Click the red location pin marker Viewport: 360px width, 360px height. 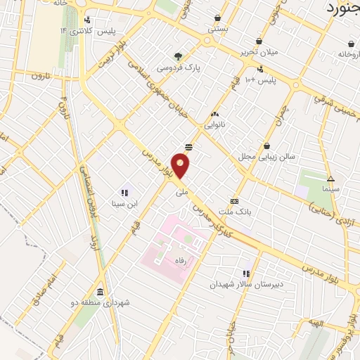pos(181,166)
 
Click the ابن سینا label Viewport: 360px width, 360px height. pos(123,204)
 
